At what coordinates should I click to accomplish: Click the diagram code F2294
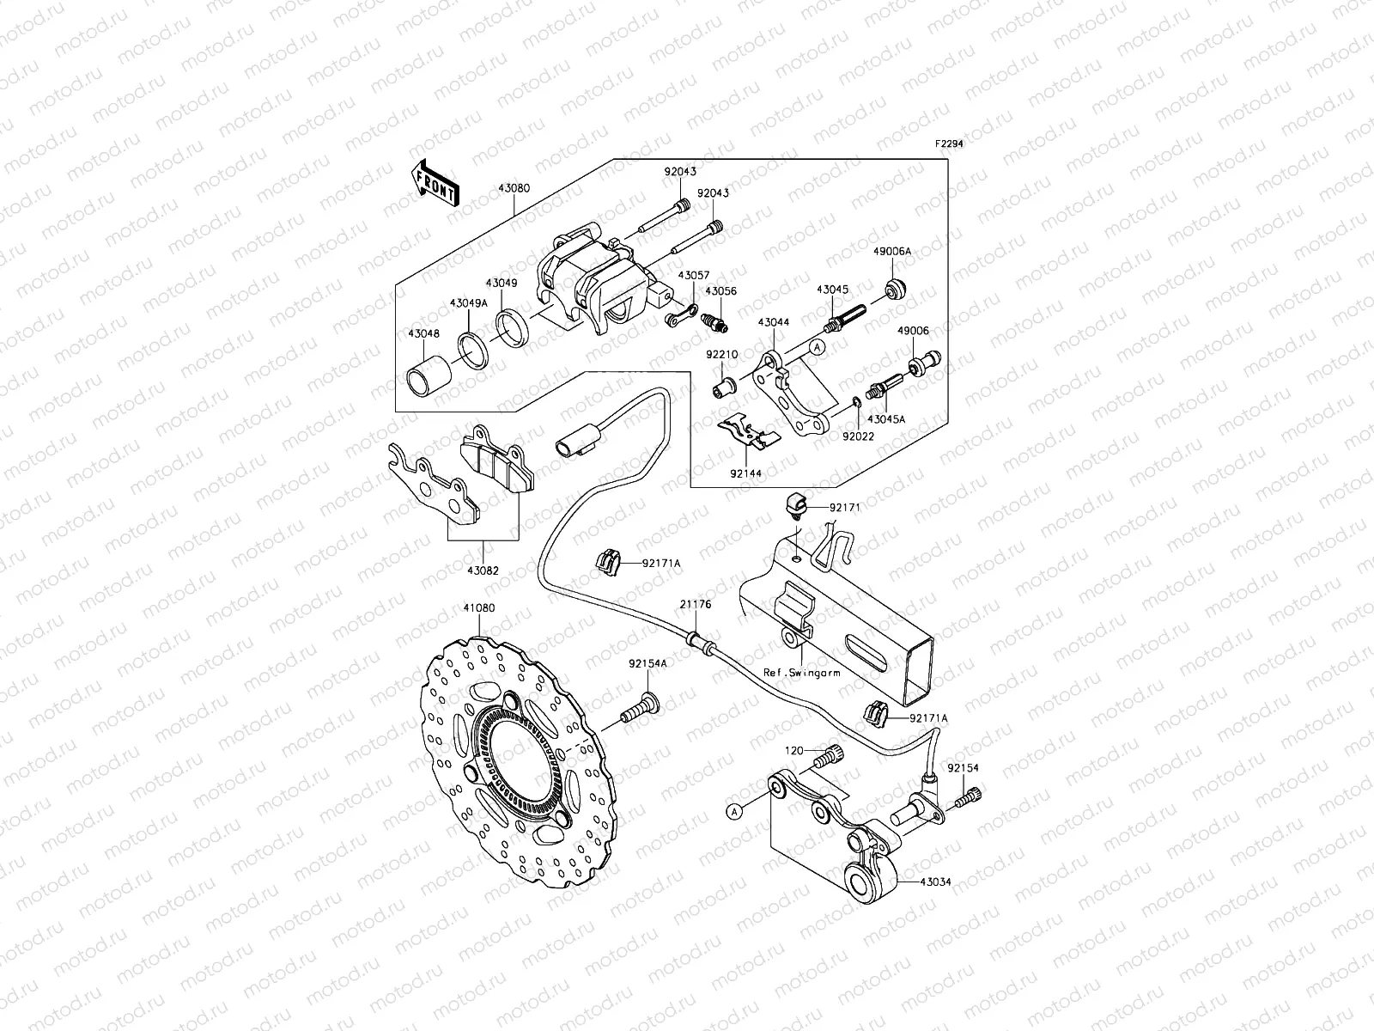point(949,144)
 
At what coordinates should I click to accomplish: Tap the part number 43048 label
point(423,334)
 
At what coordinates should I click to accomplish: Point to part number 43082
point(482,570)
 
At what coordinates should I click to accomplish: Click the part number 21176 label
point(696,604)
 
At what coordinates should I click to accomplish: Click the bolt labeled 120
point(832,759)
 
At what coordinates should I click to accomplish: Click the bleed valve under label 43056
point(714,323)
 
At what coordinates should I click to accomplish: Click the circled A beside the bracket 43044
point(818,346)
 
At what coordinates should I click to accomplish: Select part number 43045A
point(886,419)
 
